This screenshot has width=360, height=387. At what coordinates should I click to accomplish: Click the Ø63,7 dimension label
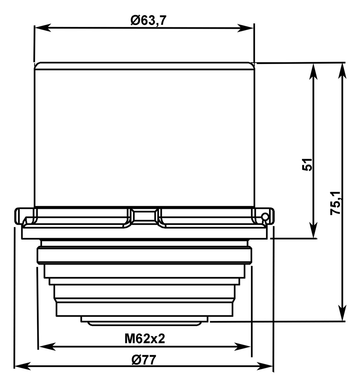coord(148,21)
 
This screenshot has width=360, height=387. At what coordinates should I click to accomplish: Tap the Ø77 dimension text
coord(143,359)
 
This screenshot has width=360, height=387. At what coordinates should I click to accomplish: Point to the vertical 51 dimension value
coord(308,164)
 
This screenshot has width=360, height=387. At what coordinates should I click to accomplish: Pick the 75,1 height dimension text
coord(336,203)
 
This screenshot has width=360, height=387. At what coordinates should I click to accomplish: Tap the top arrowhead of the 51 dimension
coord(313,71)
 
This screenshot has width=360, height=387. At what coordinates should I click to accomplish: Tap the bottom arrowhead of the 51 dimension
coord(313,230)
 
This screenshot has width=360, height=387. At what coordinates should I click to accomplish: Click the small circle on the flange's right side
coord(264,217)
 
